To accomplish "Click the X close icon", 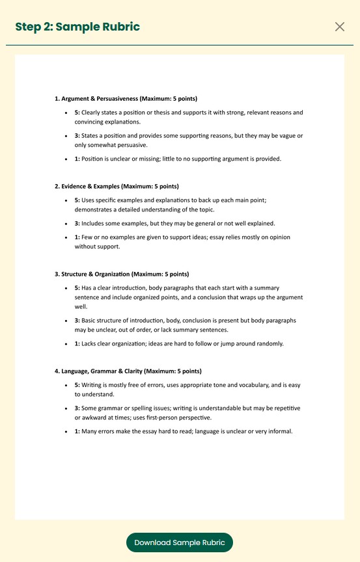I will coord(339,27).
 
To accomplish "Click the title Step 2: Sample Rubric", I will coord(77,27).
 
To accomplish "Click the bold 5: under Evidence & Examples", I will coord(77,200).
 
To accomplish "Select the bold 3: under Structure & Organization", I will coord(77,321).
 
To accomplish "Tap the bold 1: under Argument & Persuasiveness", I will coord(77,159).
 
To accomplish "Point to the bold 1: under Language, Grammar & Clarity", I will coord(77,431).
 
